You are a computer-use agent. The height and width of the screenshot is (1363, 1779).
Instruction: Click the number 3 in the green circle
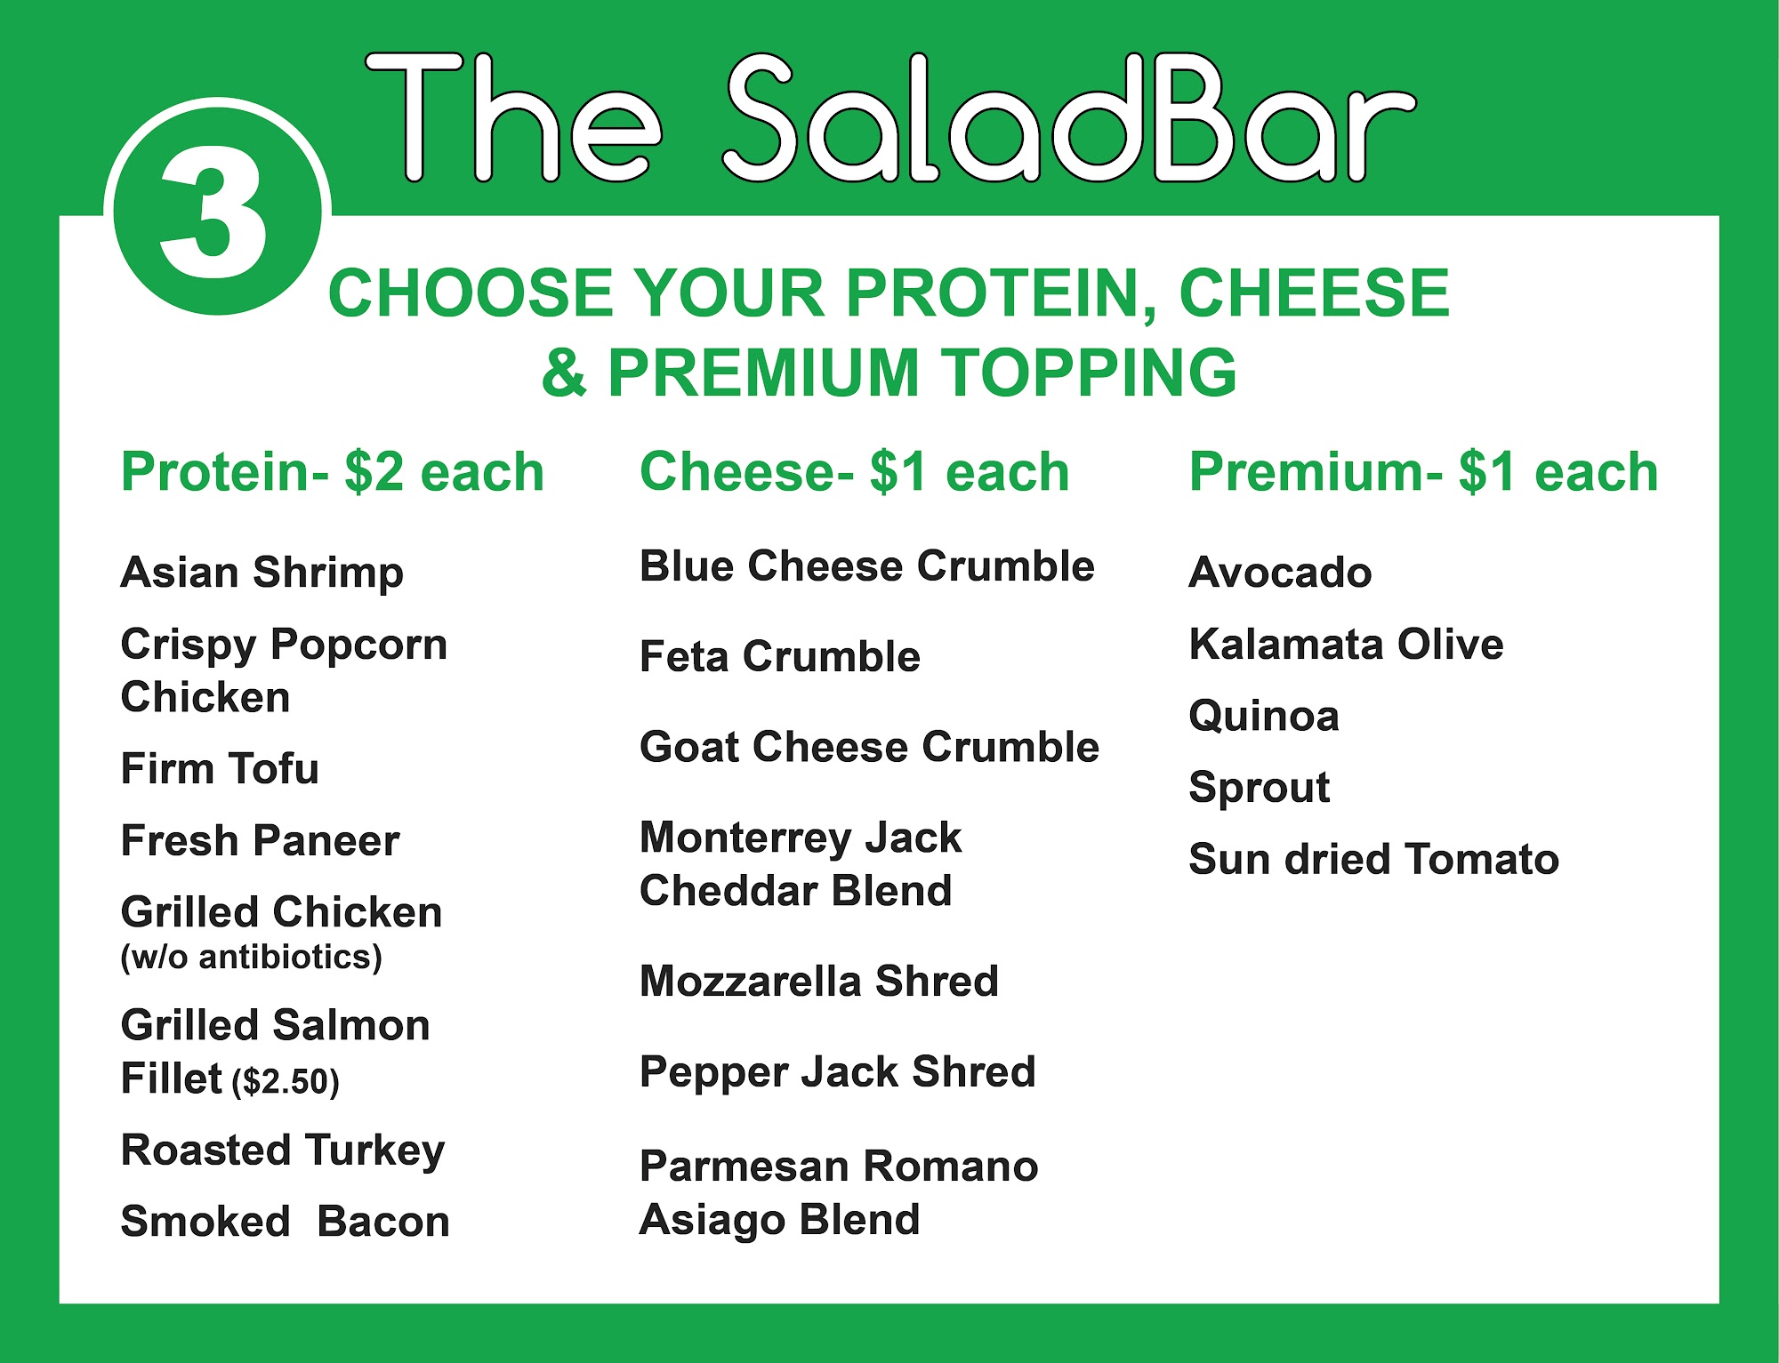(x=214, y=212)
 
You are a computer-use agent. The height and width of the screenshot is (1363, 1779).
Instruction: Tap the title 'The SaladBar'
(x=890, y=116)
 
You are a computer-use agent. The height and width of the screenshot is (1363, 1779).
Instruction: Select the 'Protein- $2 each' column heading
(x=333, y=471)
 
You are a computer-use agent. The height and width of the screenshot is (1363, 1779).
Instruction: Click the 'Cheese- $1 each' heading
(x=855, y=471)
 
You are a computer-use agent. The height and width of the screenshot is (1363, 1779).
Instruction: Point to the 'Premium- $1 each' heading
(x=1424, y=471)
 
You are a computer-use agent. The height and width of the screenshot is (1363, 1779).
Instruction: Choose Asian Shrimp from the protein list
(x=262, y=573)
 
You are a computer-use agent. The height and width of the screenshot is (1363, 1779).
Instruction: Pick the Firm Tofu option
(x=220, y=768)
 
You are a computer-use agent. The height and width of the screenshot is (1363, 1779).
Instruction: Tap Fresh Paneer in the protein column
(x=261, y=840)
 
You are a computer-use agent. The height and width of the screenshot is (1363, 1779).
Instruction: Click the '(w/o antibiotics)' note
(x=252, y=957)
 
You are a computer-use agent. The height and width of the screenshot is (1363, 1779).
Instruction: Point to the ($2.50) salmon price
(x=286, y=1081)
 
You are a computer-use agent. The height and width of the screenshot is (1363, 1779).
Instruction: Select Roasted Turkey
(x=283, y=1151)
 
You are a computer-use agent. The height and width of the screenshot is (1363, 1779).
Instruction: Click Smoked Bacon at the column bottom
(x=286, y=1222)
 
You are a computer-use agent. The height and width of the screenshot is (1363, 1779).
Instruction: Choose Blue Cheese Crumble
(x=867, y=566)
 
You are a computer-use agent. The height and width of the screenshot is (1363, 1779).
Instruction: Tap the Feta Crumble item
(x=780, y=657)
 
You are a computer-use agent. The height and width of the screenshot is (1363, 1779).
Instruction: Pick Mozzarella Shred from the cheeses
(x=819, y=982)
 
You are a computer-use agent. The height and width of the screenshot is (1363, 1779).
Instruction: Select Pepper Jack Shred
(x=838, y=1072)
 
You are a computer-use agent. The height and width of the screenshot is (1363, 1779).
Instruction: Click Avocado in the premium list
(x=1281, y=573)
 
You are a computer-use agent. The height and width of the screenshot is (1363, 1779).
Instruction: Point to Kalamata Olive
(x=1347, y=644)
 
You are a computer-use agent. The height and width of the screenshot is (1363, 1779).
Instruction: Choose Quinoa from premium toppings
(x=1264, y=716)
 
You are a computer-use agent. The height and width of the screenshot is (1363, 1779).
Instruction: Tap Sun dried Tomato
(x=1374, y=859)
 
